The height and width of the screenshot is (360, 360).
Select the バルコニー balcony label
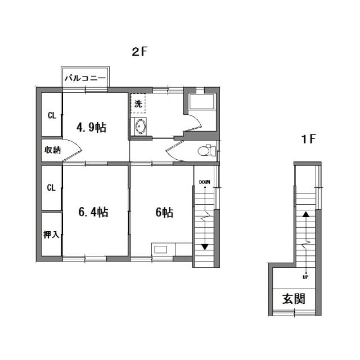coord(85,78)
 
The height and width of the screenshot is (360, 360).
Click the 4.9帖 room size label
coord(92,127)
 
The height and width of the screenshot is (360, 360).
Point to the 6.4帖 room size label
coord(93,212)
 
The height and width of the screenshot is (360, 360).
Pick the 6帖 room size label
coord(164,212)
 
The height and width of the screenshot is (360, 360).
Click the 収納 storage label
coord(52,150)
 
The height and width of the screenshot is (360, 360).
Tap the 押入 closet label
coord(51,235)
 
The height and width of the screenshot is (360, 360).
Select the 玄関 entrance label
coord(294,298)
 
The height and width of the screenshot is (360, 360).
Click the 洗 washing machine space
coord(138,103)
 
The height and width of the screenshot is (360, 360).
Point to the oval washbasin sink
coord(140,128)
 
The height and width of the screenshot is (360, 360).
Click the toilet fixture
coord(206,150)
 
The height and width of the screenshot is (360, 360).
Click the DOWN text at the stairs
coord(205,182)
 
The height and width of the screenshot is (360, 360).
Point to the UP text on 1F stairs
coord(305,277)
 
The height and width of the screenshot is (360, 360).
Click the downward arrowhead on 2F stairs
coord(205,246)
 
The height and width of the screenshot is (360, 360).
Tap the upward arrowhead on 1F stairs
coord(305,214)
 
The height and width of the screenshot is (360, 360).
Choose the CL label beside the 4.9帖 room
coord(51,116)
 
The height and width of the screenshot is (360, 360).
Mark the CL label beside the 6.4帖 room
coord(51,188)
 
